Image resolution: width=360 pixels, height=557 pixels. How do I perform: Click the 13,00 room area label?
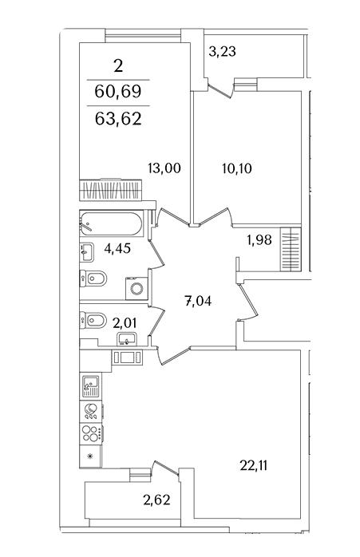(x=164, y=168)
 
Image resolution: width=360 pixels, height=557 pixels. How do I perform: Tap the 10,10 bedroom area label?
(x=237, y=168)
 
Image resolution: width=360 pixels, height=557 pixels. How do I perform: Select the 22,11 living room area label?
(x=253, y=465)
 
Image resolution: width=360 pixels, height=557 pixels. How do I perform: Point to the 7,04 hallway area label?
(x=198, y=301)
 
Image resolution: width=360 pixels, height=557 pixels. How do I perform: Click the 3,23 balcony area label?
(x=223, y=52)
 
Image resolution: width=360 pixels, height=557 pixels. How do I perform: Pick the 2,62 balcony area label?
(x=156, y=500)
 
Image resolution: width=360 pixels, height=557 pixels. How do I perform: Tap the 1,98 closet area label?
(x=259, y=240)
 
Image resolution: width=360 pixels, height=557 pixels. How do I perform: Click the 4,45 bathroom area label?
(x=117, y=248)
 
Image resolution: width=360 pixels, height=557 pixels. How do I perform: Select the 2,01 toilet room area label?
(x=125, y=323)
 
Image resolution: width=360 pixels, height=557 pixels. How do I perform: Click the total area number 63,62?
(x=118, y=118)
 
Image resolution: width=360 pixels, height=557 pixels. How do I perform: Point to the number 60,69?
(x=118, y=91)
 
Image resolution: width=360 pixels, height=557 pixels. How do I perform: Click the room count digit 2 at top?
(x=118, y=65)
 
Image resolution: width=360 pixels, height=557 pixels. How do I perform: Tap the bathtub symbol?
(x=111, y=223)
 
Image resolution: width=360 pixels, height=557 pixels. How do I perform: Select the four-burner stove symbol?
(x=91, y=433)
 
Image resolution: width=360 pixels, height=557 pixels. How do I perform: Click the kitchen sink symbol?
(x=91, y=386)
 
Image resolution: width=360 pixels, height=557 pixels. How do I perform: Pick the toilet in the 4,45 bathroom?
(x=93, y=278)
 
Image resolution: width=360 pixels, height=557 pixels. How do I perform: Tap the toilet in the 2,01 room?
(x=93, y=321)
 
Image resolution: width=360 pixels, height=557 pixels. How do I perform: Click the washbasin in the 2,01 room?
(x=127, y=339)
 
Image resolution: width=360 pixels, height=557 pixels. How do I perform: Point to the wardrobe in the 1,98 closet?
(x=291, y=249)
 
